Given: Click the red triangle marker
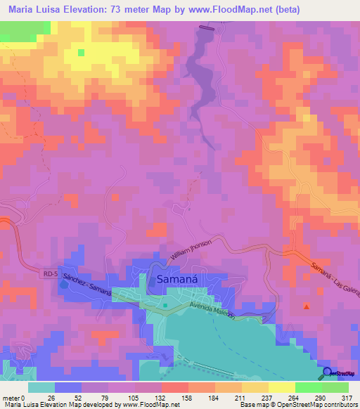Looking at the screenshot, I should coord(306,306).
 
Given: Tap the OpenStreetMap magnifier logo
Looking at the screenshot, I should coord(328,373).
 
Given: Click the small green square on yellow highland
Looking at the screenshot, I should coord(81,52).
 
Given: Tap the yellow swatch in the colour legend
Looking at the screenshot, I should coord(284,387).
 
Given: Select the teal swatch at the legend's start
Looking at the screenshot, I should coord(41,387).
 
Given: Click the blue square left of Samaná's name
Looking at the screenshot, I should coord(153,281).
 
